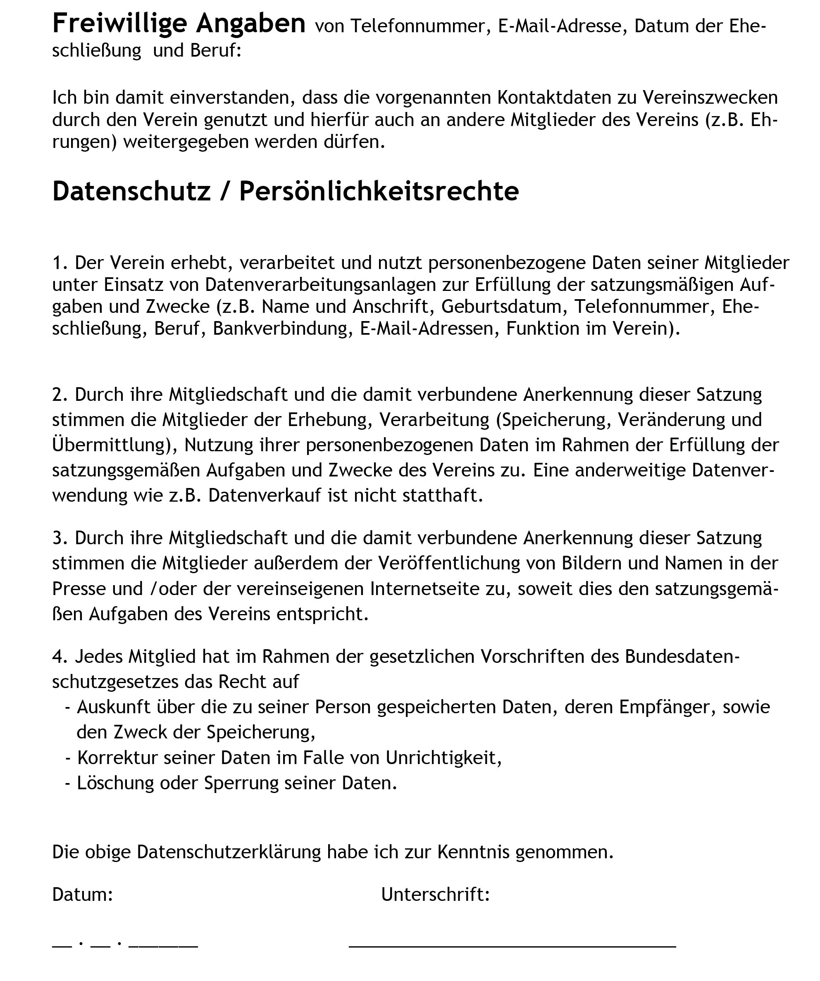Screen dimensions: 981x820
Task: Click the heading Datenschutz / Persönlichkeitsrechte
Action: pyautogui.click(x=285, y=191)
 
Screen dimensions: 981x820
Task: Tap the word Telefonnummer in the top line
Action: pyautogui.click(x=418, y=26)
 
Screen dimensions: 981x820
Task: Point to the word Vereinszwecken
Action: pyautogui.click(x=710, y=98)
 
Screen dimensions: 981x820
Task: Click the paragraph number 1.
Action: pyautogui.click(x=60, y=263)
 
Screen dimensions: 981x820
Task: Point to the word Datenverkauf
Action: pyautogui.click(x=265, y=495)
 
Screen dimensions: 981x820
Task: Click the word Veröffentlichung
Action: pyautogui.click(x=449, y=563)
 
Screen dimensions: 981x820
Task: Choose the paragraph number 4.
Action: pyautogui.click(x=60, y=656)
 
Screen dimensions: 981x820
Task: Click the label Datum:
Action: pyautogui.click(x=82, y=894)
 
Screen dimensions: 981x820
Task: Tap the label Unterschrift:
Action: pyautogui.click(x=435, y=894)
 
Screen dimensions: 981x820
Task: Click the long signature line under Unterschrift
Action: pyautogui.click(x=512, y=946)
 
